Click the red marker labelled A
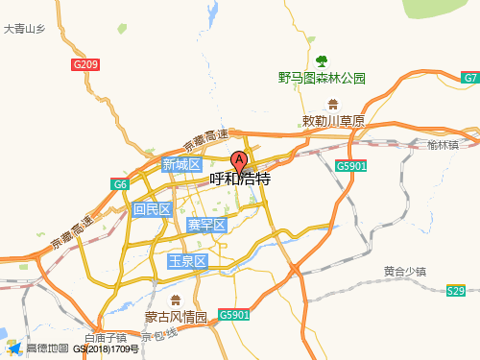pos(240,161)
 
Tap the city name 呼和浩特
pos(240,180)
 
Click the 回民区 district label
pos(152,209)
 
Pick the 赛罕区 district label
pos(205,226)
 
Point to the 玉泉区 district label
pos(187,261)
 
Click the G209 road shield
pos(85,64)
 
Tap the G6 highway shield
pos(120,184)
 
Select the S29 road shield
pos(455,291)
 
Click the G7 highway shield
pos(470,78)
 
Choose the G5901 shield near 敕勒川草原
pos(351,166)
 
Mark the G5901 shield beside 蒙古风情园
pos(233,314)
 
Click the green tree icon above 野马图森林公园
pos(322,60)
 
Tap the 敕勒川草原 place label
pos(333,121)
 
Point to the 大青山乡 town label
pos(24,30)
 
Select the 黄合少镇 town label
pos(404,272)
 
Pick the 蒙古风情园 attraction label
pos(176,317)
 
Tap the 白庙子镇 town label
pos(106,338)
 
